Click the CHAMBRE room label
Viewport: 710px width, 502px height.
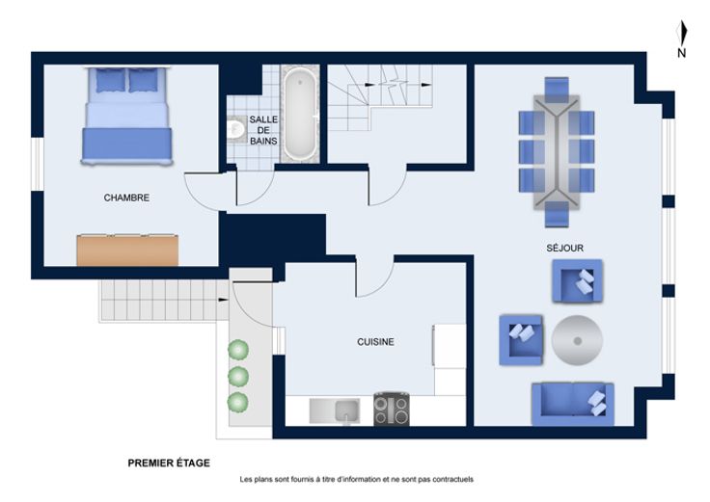click(x=126, y=198)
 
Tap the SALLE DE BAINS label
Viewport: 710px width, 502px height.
click(x=263, y=130)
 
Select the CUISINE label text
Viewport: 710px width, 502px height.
click(x=375, y=342)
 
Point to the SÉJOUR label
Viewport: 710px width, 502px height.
click(x=564, y=248)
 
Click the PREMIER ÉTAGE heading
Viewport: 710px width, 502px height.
click(x=169, y=463)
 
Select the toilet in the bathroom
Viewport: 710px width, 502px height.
click(x=236, y=128)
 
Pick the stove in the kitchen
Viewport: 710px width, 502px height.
click(x=392, y=410)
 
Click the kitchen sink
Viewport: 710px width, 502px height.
click(x=335, y=411)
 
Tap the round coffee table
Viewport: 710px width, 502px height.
click(x=577, y=340)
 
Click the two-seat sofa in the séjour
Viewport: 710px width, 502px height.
click(x=573, y=404)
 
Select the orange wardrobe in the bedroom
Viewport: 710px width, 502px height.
click(x=127, y=251)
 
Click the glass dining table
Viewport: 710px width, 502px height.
click(x=557, y=152)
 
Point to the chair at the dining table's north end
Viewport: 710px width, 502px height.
click(x=557, y=90)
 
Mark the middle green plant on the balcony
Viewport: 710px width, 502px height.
click(x=238, y=376)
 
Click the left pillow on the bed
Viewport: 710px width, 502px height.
click(x=110, y=81)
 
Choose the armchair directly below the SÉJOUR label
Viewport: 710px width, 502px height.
click(x=577, y=280)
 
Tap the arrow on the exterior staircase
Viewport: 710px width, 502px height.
click(x=223, y=300)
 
